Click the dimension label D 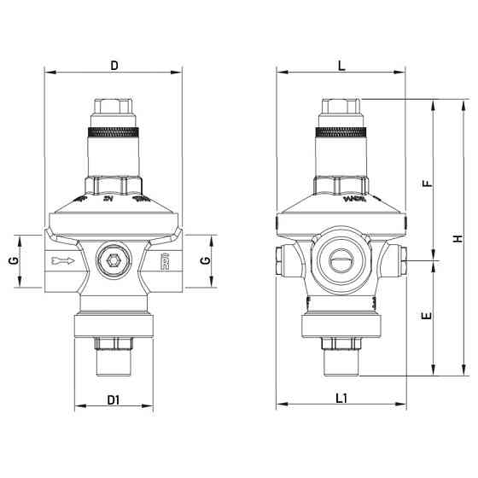click(x=114, y=65)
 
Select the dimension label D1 click(x=113, y=399)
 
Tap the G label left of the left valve click(x=12, y=259)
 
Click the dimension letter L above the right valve click(x=341, y=65)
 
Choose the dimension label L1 click(x=341, y=398)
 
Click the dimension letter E click(x=427, y=316)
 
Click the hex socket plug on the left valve click(x=113, y=261)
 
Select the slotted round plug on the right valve click(x=341, y=262)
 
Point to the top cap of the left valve click(x=113, y=109)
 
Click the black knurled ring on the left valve click(x=113, y=132)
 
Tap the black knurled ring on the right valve click(x=341, y=132)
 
